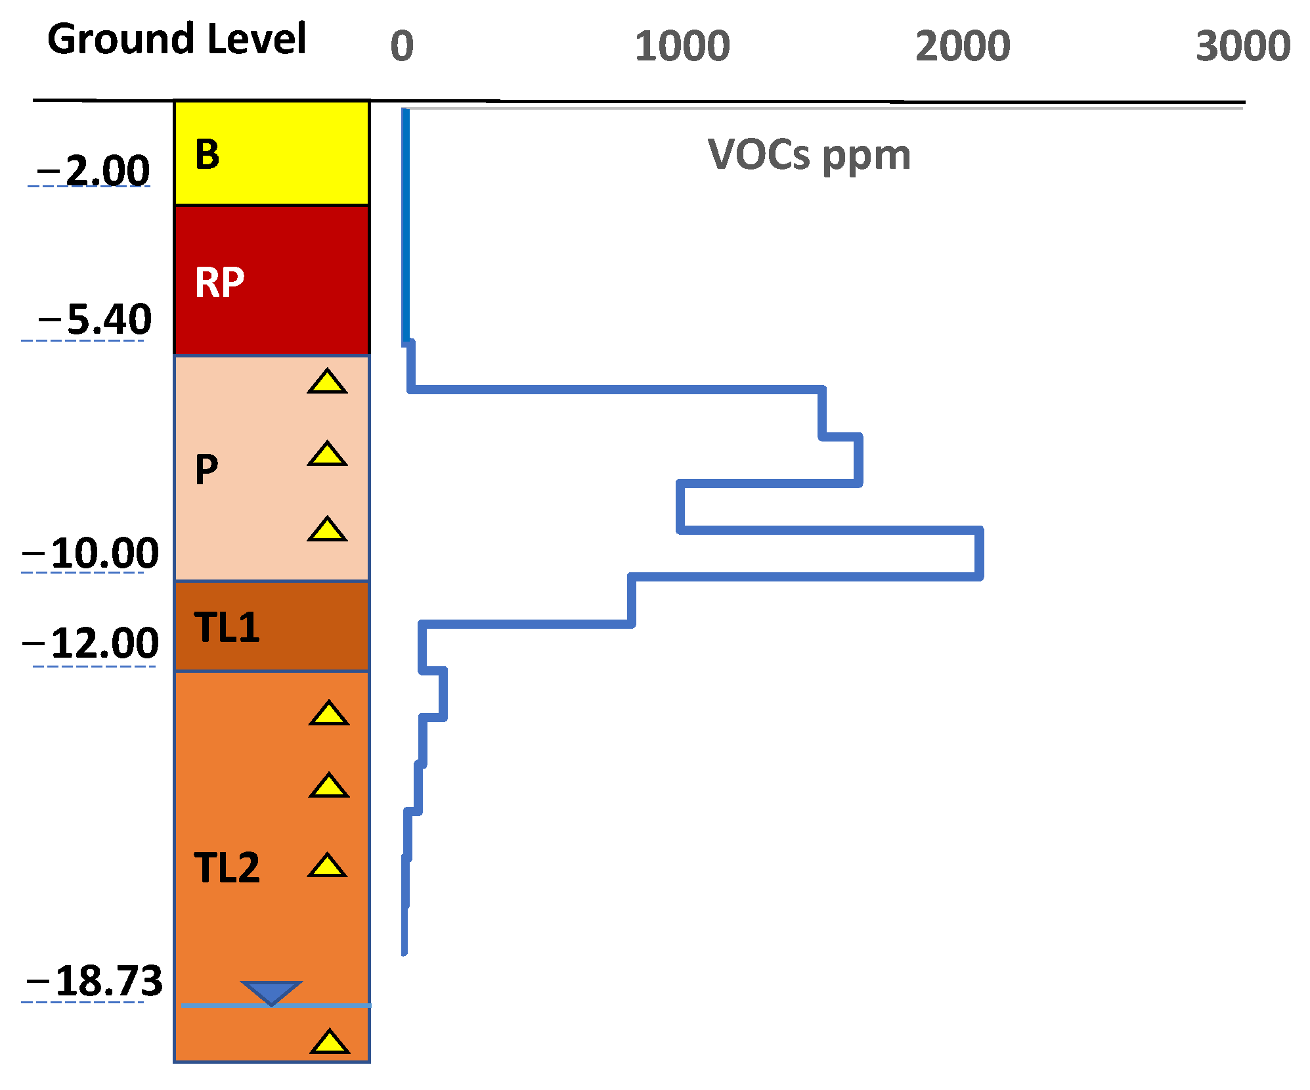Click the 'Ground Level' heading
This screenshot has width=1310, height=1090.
pyautogui.click(x=176, y=39)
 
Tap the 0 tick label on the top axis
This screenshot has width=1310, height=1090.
pyautogui.click(x=402, y=46)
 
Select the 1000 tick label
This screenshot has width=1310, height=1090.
pyautogui.click(x=682, y=46)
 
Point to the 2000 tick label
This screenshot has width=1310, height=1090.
pyautogui.click(x=963, y=46)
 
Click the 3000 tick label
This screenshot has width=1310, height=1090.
pyautogui.click(x=1243, y=46)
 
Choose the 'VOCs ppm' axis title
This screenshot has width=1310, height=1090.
pyautogui.click(x=809, y=155)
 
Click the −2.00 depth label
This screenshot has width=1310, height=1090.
pyautogui.click(x=94, y=171)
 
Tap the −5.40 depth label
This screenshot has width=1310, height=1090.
pyautogui.click(x=95, y=320)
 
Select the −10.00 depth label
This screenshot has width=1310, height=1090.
pyautogui.click(x=91, y=553)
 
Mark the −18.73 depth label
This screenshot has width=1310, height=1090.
pyautogui.click(x=94, y=981)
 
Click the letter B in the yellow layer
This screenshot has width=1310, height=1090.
pyautogui.click(x=207, y=155)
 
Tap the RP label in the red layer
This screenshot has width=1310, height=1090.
pyautogui.click(x=220, y=283)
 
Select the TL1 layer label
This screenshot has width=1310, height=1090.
pyautogui.click(x=227, y=627)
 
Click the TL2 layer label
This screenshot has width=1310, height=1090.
pyautogui.click(x=227, y=868)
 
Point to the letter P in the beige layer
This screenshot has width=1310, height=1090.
pyautogui.click(x=207, y=470)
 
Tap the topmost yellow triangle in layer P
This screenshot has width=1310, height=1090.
pyautogui.click(x=327, y=382)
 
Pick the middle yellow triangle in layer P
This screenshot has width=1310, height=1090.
pyautogui.click(x=327, y=455)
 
